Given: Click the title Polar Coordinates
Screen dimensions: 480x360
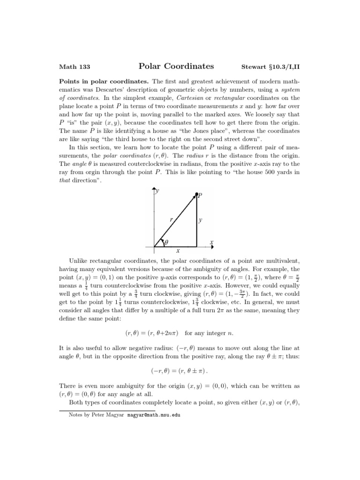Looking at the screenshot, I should [176, 66].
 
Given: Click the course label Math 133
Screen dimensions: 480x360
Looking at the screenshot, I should [72, 67].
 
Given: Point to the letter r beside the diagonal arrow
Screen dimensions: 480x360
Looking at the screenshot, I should [171, 218].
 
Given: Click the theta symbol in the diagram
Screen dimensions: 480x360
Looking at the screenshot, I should [165, 242].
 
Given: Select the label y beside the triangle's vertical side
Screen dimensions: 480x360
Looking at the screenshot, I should [201, 219].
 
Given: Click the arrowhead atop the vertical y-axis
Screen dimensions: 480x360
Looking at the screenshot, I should [154, 189].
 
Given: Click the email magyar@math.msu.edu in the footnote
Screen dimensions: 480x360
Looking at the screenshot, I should [154, 415].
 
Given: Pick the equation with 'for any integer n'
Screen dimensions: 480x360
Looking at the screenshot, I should [180, 333].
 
